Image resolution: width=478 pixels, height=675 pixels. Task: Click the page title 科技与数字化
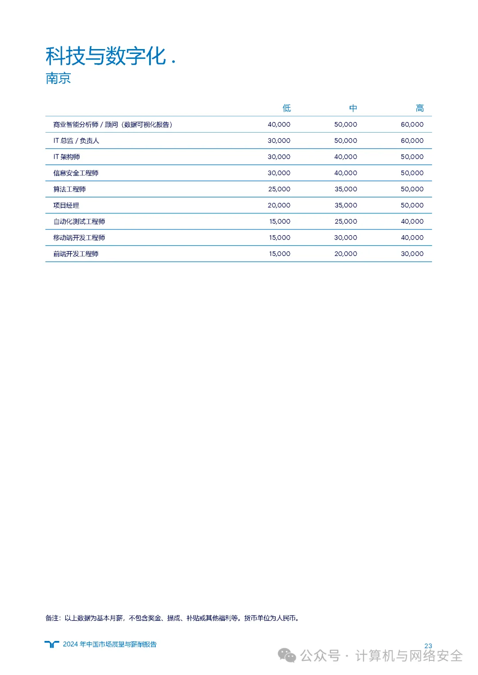(x=106, y=57)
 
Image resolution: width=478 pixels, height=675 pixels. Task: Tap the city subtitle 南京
(x=58, y=79)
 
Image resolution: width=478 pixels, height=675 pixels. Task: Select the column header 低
(x=286, y=108)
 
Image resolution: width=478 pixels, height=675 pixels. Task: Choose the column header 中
(x=353, y=108)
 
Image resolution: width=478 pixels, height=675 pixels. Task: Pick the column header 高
(x=420, y=108)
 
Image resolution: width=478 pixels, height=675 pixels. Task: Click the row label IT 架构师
(x=66, y=157)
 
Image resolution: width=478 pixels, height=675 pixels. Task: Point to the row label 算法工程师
(x=69, y=189)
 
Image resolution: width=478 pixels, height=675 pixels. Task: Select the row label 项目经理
(x=66, y=206)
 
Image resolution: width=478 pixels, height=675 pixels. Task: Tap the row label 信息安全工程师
(x=76, y=173)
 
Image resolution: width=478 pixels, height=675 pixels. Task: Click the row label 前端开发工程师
(x=76, y=254)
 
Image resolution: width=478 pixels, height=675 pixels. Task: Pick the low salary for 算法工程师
(x=279, y=189)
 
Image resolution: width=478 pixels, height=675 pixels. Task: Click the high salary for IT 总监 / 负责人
(x=412, y=141)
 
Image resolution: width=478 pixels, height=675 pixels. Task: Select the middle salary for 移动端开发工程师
(x=346, y=238)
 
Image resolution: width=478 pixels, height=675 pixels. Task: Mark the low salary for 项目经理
(x=279, y=206)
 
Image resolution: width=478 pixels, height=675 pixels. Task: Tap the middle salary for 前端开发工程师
(x=346, y=254)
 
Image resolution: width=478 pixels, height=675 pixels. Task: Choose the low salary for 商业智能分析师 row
(x=279, y=125)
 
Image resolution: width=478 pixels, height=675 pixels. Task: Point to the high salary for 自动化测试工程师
(x=412, y=221)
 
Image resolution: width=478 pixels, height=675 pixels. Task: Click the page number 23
(x=428, y=646)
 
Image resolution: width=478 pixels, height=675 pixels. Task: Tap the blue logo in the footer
(x=52, y=644)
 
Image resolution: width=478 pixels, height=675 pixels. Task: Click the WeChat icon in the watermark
(x=287, y=656)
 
